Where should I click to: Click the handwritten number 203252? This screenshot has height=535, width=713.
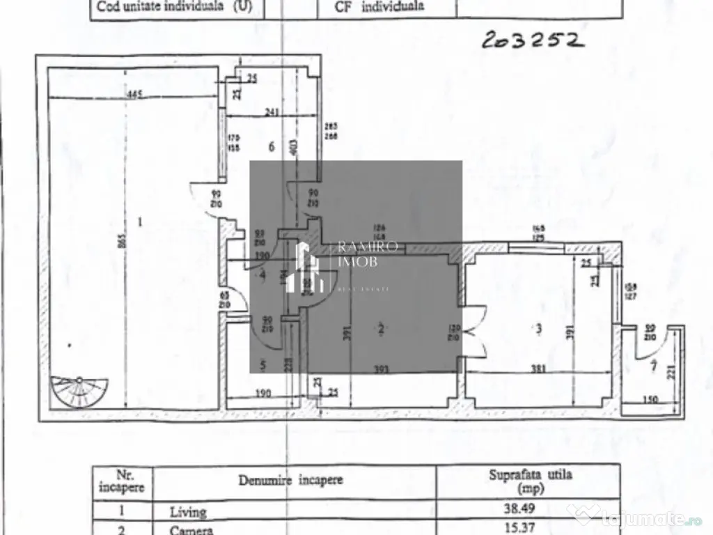tap(531, 41)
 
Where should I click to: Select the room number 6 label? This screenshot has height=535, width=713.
tap(272, 146)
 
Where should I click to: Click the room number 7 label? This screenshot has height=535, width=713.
tap(652, 367)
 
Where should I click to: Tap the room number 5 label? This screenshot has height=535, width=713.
tap(262, 364)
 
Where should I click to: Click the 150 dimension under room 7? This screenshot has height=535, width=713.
tap(650, 400)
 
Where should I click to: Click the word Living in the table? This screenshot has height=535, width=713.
tap(188, 511)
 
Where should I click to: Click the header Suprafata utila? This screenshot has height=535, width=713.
tap(529, 476)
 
